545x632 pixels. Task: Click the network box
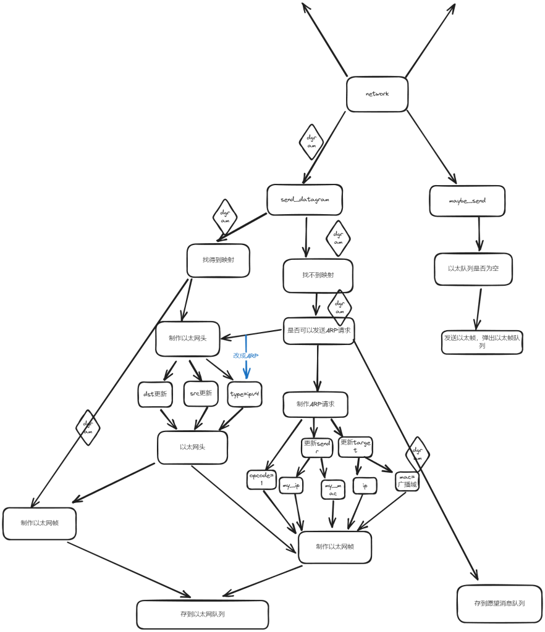(377, 94)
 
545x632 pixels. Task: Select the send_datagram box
(305, 200)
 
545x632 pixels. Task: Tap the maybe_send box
(467, 201)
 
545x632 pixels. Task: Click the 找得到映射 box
(218, 260)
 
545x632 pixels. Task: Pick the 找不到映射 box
(318, 275)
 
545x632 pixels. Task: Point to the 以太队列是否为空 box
(473, 269)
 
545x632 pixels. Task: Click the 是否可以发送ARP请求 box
(319, 331)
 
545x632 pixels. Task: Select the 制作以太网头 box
(188, 339)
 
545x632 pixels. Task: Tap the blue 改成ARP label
(245, 355)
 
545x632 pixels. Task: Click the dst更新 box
(154, 394)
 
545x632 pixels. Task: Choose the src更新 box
(201, 393)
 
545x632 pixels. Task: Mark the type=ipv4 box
(245, 394)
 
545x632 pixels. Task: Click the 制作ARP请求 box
(315, 404)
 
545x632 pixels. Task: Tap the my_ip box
(290, 486)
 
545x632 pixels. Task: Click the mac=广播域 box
(407, 481)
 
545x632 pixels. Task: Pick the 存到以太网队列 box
(203, 615)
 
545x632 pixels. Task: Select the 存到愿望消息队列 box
(500, 604)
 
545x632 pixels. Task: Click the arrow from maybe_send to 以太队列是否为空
(479, 235)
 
